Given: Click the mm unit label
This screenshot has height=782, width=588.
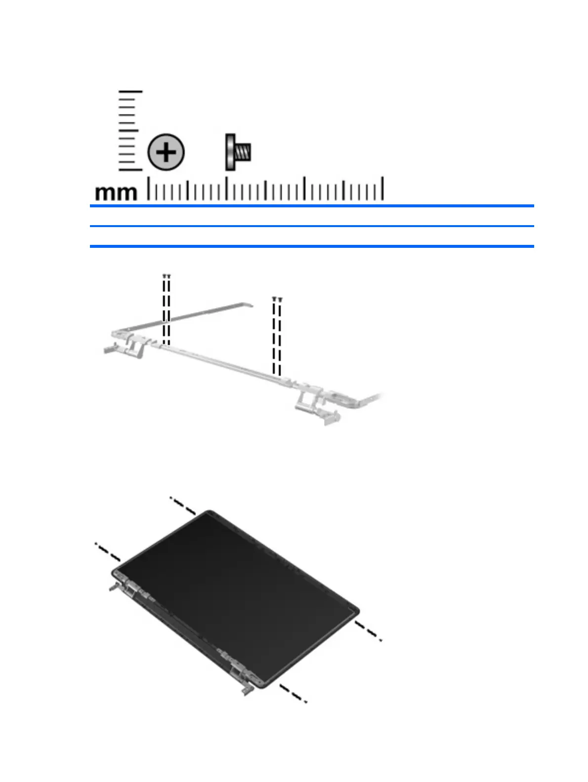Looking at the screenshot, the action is pos(116,193).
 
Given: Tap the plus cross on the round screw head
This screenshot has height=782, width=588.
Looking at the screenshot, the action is pos(166,152).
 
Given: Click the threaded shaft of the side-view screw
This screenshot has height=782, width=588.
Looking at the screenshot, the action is pos(243,152).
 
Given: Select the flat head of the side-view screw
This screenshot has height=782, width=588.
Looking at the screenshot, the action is pos(230,152).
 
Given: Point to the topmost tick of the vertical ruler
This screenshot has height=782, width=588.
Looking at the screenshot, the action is pos(130,92).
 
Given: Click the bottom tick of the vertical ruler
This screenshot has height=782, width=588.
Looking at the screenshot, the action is pos(130,170).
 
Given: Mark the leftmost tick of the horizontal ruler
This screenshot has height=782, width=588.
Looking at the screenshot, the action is pos(148,188).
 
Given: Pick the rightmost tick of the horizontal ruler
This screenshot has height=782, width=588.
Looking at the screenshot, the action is pos(383,188).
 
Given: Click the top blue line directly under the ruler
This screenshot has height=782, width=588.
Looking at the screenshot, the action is pos(312,205).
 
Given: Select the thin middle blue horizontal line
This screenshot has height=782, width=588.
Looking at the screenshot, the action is pos(312,226).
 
